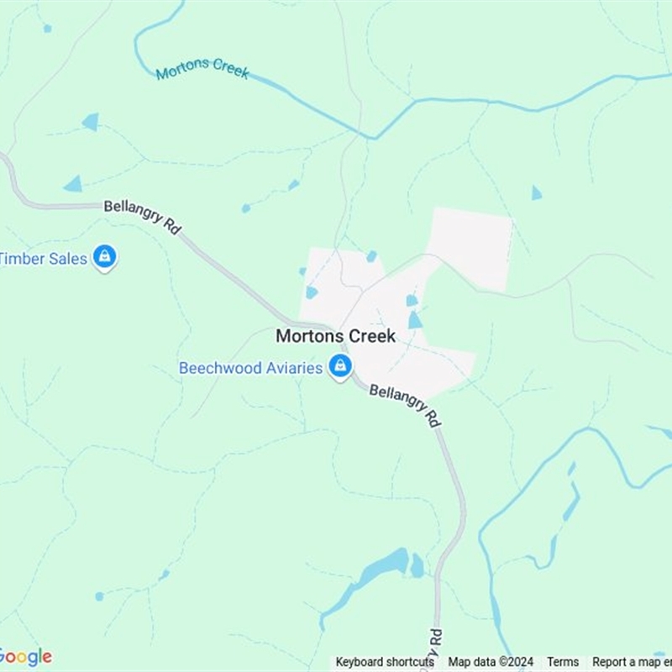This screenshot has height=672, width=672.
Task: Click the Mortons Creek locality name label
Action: pos(336,336)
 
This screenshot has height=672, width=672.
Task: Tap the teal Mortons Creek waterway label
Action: pos(202,69)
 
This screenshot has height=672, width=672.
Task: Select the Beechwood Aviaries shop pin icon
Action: pos(340,366)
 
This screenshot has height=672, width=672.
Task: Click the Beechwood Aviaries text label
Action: pos(250,368)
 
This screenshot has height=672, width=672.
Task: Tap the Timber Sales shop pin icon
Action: pos(104,256)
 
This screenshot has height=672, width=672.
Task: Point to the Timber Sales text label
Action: pos(44,259)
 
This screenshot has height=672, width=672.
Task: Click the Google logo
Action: pos(25,656)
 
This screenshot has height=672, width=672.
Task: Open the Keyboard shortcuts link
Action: pos(385,662)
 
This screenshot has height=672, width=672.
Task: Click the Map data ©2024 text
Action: pos(491,662)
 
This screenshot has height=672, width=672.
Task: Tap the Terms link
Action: pos(563,662)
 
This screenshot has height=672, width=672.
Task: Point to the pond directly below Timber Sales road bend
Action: pos(74,184)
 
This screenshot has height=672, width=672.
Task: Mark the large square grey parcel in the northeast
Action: pos(470,249)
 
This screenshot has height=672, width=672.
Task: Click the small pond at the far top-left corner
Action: pos(47,28)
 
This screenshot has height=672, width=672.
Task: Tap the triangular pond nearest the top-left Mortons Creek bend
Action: pos(91,122)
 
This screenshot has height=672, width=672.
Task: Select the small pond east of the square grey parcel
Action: pos(536,193)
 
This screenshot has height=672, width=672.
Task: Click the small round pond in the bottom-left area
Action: pos(99,596)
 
